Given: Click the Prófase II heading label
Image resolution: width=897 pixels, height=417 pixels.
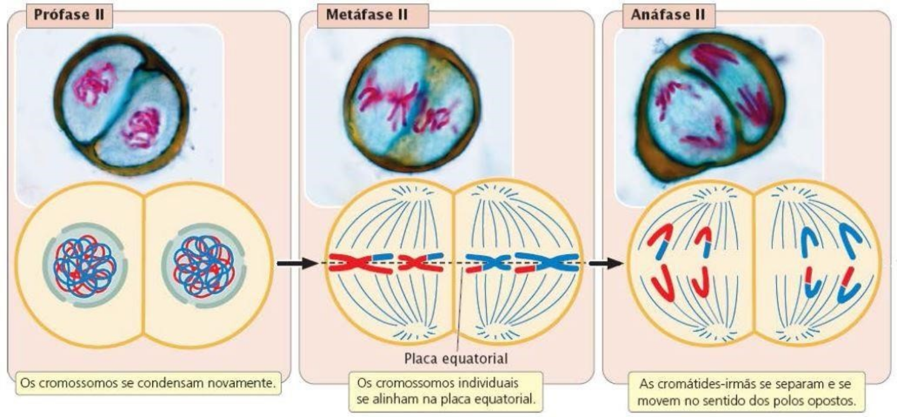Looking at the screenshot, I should [69, 14].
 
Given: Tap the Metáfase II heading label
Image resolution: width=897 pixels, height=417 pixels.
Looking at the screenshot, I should [367, 14].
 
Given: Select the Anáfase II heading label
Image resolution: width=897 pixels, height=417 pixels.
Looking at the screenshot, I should [668, 14].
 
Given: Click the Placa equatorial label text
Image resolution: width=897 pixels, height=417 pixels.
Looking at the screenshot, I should [455, 358].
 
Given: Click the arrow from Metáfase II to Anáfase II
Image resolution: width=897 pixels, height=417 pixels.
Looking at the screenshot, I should [606, 263].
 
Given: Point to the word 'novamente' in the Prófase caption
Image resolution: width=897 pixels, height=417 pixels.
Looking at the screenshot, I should [245, 383].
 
